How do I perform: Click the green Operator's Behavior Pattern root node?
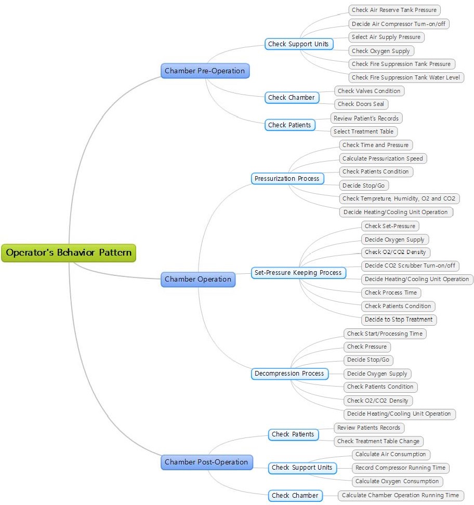[x=69, y=253]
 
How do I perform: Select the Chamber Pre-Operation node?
[x=205, y=71]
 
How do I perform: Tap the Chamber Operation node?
[x=198, y=279]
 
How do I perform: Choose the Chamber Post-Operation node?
[x=206, y=462]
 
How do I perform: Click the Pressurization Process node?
[x=287, y=179]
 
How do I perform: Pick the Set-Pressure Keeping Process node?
[x=298, y=273]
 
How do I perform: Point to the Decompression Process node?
[x=289, y=374]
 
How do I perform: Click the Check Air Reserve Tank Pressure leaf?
[x=394, y=10]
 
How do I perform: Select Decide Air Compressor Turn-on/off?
[x=399, y=24]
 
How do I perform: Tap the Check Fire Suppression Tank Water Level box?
[x=406, y=77]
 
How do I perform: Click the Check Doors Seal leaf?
[x=361, y=104]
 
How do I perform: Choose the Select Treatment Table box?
[x=364, y=131]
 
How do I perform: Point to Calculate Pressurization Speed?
[x=383, y=158]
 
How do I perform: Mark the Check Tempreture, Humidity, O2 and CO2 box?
[x=399, y=198]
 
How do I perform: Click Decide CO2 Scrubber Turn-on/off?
[x=410, y=265]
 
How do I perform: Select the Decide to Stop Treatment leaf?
[x=399, y=320]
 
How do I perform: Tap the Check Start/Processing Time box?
[x=385, y=334]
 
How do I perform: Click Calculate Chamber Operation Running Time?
[x=401, y=495]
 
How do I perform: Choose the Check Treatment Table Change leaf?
[x=378, y=441]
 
